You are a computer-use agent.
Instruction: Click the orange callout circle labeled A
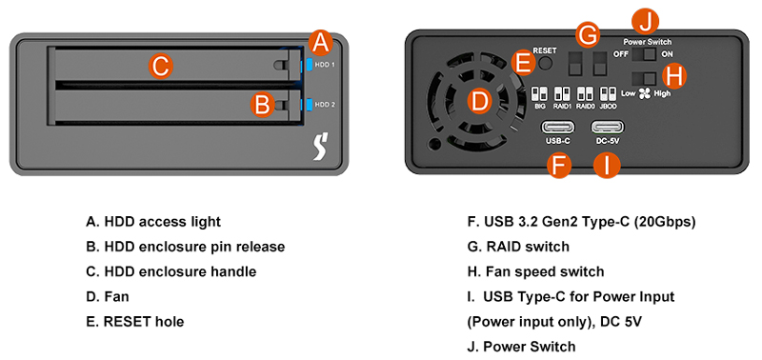pyautogui.click(x=321, y=43)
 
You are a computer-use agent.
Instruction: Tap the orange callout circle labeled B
pyautogui.click(x=263, y=104)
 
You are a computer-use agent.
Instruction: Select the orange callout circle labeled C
pyautogui.click(x=161, y=66)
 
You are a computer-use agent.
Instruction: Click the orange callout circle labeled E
pyautogui.click(x=522, y=64)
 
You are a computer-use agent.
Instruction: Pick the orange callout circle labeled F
pyautogui.click(x=558, y=165)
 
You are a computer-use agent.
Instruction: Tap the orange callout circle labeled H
pyautogui.click(x=675, y=76)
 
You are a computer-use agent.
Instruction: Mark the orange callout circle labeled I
pyautogui.click(x=607, y=165)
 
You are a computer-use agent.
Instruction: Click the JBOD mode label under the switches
pyautogui.click(x=609, y=108)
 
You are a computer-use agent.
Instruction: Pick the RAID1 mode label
pyautogui.click(x=562, y=108)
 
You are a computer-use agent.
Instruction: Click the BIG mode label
pyautogui.click(x=539, y=108)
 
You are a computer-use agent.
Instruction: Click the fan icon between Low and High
pyautogui.click(x=644, y=94)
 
